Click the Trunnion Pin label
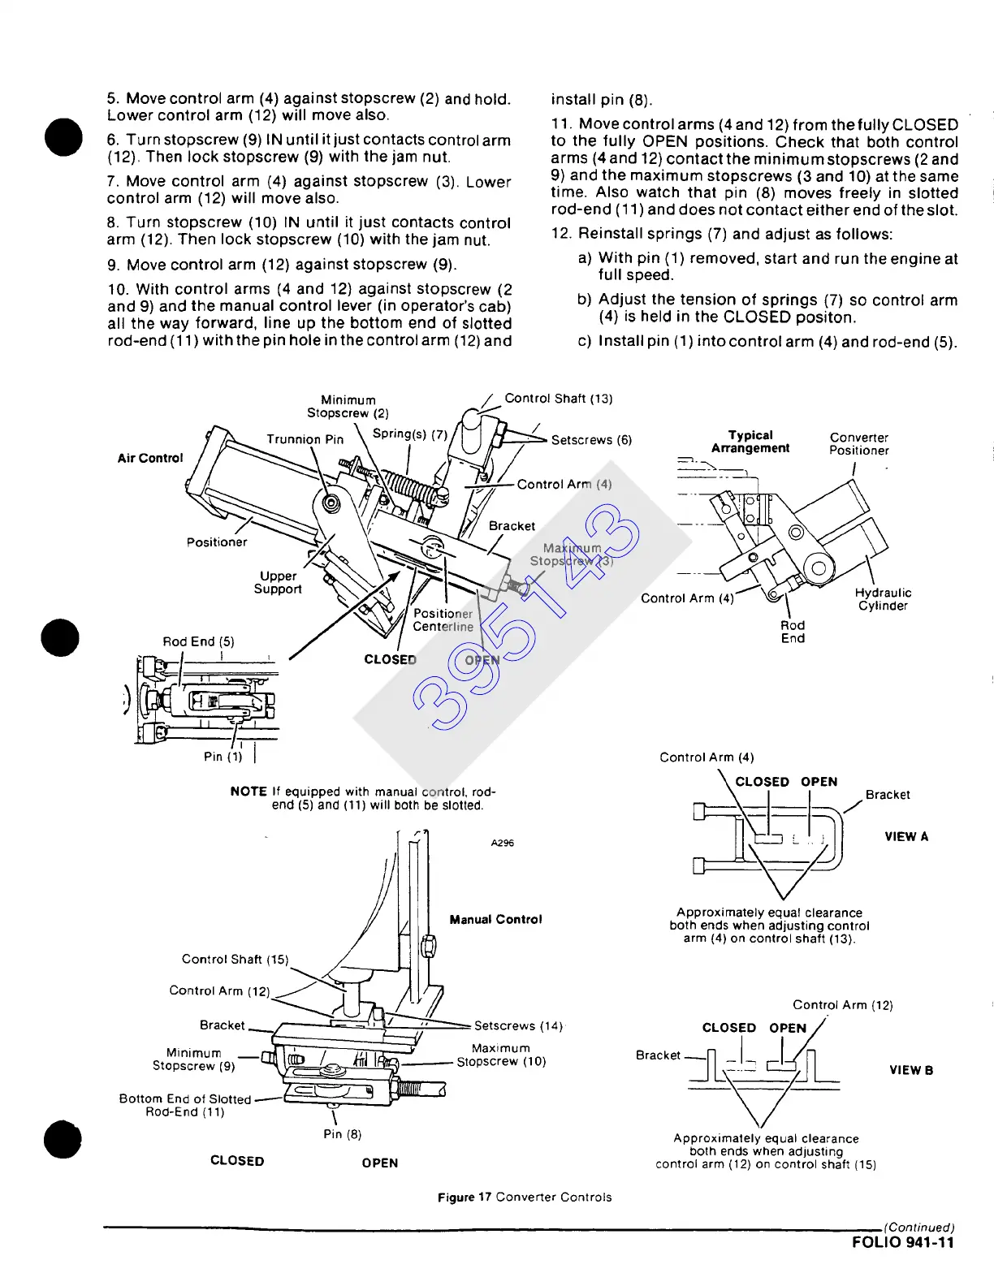[305, 439]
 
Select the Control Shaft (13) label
[559, 399]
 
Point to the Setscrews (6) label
[591, 440]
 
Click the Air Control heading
[150, 458]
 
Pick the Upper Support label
[278, 582]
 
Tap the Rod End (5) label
[198, 641]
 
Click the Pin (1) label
[223, 756]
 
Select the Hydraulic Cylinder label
[883, 599]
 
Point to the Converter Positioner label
[859, 443]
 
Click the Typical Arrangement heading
[750, 442]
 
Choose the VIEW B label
[911, 1070]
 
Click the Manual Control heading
[495, 919]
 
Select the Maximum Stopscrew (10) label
[501, 1055]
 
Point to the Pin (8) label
[342, 1134]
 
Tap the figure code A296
[503, 843]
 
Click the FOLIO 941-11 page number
[903, 1242]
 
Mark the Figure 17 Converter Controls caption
[525, 1197]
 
